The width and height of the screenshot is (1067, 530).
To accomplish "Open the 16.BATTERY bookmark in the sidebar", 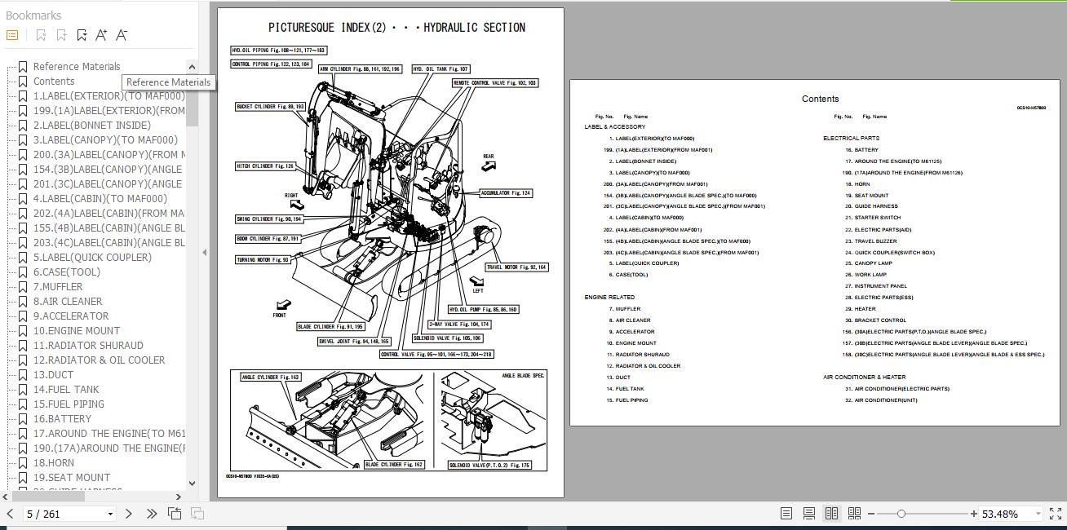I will [62, 419].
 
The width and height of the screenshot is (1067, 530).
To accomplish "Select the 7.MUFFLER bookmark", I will [57, 287].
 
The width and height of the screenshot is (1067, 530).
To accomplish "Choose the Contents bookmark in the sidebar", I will [54, 82].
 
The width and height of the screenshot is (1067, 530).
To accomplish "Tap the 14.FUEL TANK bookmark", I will [66, 390].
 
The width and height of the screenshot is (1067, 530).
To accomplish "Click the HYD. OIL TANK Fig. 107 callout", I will [441, 69].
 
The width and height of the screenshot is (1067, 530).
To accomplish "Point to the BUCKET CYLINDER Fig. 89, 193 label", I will [270, 107].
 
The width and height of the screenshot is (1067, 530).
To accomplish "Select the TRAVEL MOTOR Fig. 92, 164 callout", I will [516, 267].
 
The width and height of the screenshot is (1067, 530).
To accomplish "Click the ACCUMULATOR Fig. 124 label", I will [506, 193].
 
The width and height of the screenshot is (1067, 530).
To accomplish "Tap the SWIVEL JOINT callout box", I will [354, 342].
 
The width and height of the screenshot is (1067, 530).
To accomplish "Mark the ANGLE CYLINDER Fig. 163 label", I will [270, 378].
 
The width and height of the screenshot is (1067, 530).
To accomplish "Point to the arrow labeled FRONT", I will [282, 307].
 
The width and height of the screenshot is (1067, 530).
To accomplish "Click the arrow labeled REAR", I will [488, 165].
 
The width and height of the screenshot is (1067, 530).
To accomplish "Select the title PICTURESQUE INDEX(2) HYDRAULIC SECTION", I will [396, 28].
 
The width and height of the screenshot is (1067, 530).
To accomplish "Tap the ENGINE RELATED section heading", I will [609, 298].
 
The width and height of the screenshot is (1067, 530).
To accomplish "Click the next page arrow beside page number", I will [128, 514].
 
